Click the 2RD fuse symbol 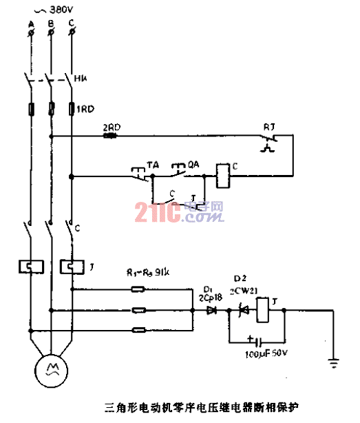pyautogui.click(x=109, y=136)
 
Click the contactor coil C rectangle pyautogui.click(x=224, y=176)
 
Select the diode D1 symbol pyautogui.click(x=211, y=311)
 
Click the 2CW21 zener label pyautogui.click(x=245, y=290)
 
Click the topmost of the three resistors pyautogui.click(x=138, y=289)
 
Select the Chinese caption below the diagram pyautogui.click(x=180, y=406)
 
